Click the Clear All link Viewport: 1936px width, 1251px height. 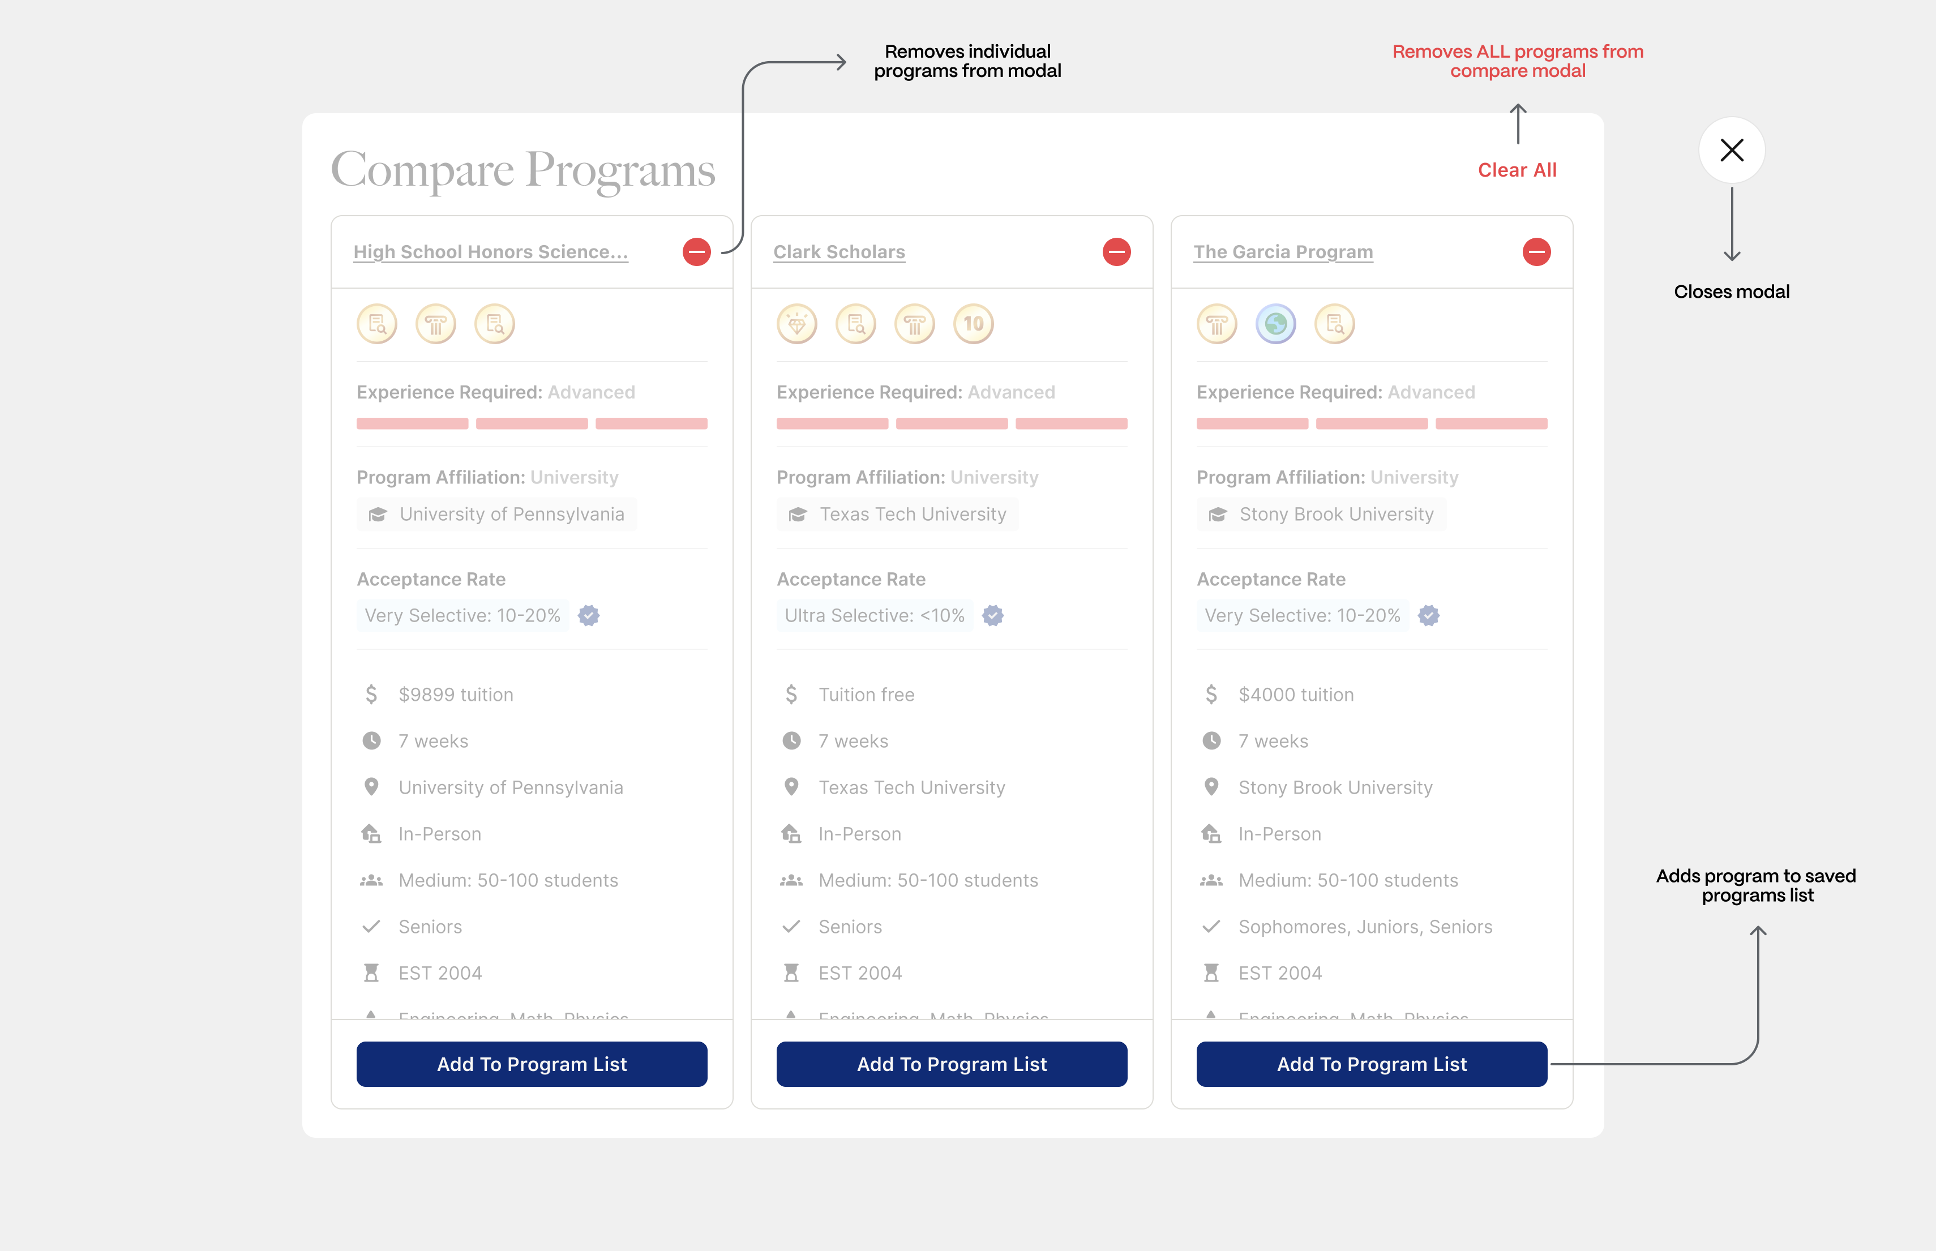1517,170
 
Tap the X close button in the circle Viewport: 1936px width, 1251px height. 1731,150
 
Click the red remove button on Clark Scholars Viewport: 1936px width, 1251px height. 1116,252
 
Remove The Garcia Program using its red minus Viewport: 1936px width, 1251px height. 1536,252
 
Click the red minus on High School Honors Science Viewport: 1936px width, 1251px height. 696,252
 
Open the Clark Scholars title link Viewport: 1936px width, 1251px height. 838,252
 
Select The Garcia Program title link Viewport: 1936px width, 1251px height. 1283,252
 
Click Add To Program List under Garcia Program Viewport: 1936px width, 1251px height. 1372,1064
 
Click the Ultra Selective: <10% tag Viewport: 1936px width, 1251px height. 874,616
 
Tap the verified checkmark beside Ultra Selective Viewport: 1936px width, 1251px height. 993,616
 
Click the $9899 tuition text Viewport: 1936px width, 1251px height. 456,695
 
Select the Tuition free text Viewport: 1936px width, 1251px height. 866,695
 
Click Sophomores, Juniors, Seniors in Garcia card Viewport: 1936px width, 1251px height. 1365,927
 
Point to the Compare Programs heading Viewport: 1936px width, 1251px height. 523,170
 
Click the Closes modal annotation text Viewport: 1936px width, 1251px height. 1731,292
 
